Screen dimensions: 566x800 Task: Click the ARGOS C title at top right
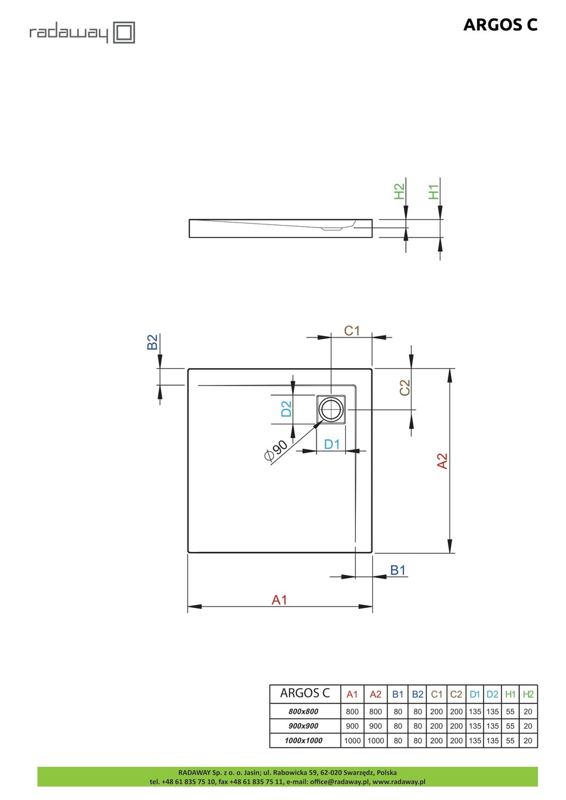pyautogui.click(x=500, y=25)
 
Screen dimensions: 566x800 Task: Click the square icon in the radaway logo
pyautogui.click(x=124, y=32)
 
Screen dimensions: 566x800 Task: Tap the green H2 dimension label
pyautogui.click(x=399, y=191)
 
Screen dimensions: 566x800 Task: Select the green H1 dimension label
pyautogui.click(x=433, y=192)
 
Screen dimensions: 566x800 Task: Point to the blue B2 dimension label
pyautogui.click(x=153, y=342)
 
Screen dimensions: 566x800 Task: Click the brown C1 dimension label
pyautogui.click(x=351, y=331)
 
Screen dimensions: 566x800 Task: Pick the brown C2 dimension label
pyautogui.click(x=405, y=387)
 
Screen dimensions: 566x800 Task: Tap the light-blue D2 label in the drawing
pyautogui.click(x=286, y=409)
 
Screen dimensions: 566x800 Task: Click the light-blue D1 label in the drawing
pyautogui.click(x=331, y=444)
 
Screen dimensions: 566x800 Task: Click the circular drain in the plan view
pyautogui.click(x=331, y=409)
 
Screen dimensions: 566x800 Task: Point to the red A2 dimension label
pyautogui.click(x=442, y=461)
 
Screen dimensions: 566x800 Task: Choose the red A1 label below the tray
pyautogui.click(x=280, y=599)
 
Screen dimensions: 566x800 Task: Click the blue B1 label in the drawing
pyautogui.click(x=398, y=571)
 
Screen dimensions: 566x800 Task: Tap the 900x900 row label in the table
pyautogui.click(x=303, y=726)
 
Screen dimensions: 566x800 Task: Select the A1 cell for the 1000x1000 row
pyautogui.click(x=352, y=741)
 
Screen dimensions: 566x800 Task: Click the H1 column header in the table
pyautogui.click(x=510, y=694)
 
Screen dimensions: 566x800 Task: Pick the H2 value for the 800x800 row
pyautogui.click(x=528, y=711)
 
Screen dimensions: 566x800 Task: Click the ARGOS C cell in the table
pyautogui.click(x=305, y=693)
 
